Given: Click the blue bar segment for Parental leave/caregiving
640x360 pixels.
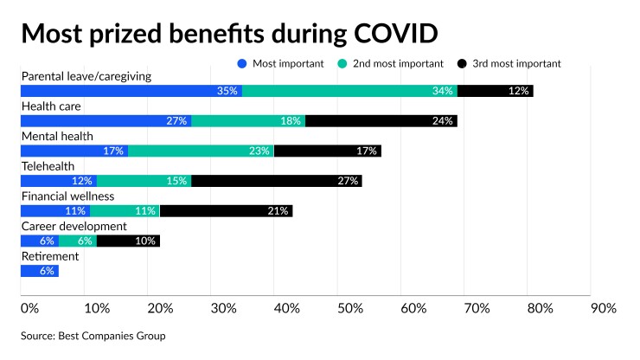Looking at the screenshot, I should (x=131, y=90).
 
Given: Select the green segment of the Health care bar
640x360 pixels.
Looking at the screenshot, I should (x=248, y=120).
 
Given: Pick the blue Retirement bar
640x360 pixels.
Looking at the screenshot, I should (x=39, y=271).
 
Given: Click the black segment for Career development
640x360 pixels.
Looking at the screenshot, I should (x=128, y=241).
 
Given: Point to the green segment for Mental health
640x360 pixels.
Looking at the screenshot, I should (x=201, y=151).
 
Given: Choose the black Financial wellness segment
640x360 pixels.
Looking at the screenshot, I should (x=226, y=210).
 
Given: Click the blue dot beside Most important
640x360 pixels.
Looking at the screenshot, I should (x=242, y=63).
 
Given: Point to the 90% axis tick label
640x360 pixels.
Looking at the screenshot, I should (x=603, y=308).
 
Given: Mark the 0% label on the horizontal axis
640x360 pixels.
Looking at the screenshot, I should (x=29, y=308).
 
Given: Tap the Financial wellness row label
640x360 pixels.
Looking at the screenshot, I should (x=67, y=196).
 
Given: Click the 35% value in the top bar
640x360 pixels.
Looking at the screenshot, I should (x=228, y=91).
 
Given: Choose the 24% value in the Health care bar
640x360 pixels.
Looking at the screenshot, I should (x=443, y=121).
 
